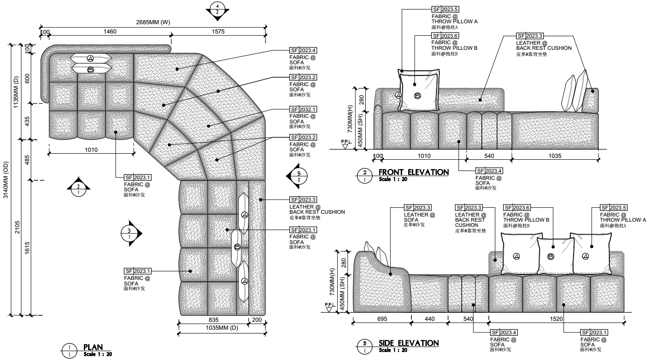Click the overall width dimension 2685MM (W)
[x=153, y=22]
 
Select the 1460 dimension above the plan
[x=110, y=32]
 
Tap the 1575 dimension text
[x=218, y=32]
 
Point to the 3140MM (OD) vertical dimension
[x=6, y=180]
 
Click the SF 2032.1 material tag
[x=303, y=109]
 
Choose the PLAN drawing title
[x=93, y=347]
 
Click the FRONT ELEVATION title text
[x=413, y=172]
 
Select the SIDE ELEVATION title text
[x=409, y=343]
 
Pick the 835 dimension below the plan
[x=213, y=320]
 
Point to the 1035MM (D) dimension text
[x=222, y=328]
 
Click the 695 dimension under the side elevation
[x=382, y=319]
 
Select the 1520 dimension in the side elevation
[x=556, y=319]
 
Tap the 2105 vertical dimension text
[x=17, y=227]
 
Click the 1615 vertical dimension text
[x=27, y=248]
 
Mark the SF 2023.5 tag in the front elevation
[x=445, y=9]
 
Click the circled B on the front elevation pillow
[x=417, y=95]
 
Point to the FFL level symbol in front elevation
[x=346, y=144]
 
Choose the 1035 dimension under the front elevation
[x=555, y=156]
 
